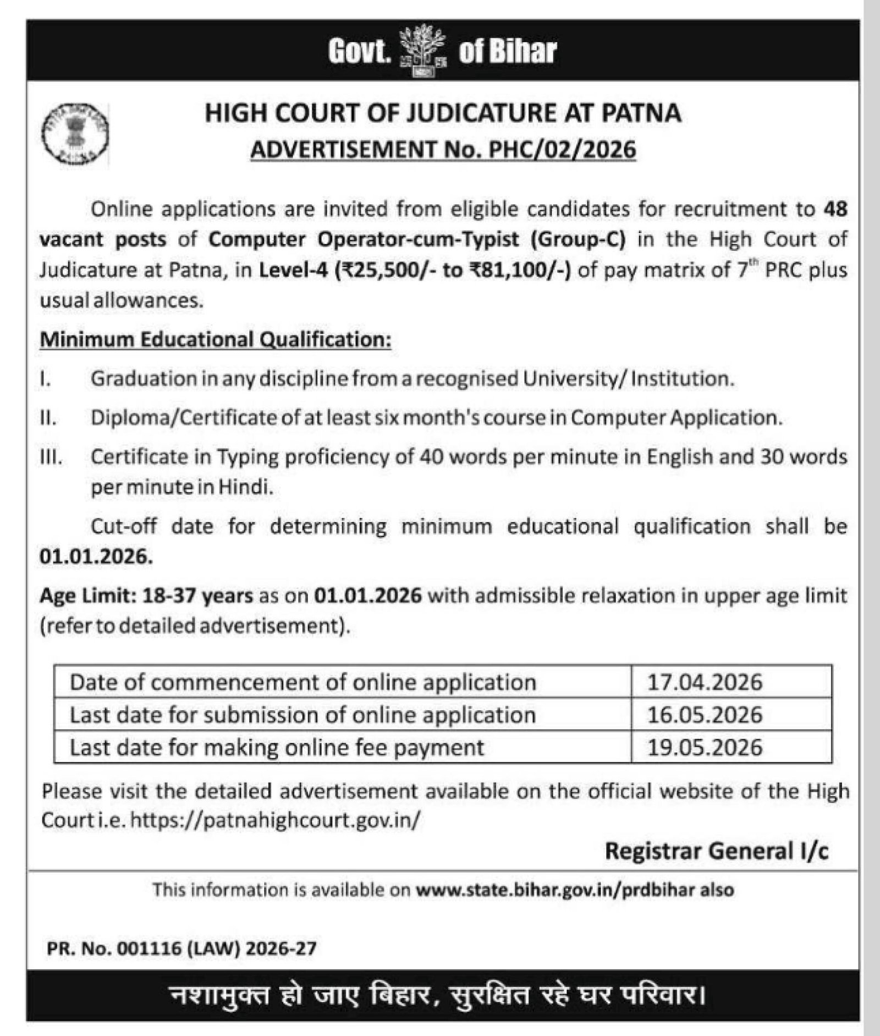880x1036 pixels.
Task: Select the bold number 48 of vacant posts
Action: click(835, 209)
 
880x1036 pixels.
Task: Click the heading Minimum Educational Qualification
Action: click(216, 340)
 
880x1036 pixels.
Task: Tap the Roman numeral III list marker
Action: click(51, 457)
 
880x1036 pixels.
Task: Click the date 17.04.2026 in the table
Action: click(705, 683)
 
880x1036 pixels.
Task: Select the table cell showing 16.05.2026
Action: click(705, 715)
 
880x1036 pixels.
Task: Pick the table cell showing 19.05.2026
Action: click(705, 748)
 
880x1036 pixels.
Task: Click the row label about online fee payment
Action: click(277, 748)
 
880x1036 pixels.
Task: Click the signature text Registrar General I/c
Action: click(716, 851)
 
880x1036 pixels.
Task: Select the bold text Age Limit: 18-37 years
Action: click(146, 596)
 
